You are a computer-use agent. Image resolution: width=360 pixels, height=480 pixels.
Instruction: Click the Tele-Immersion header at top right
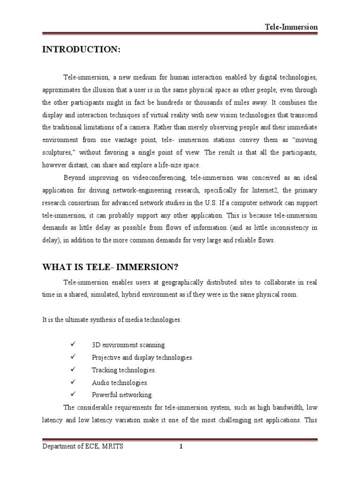tap(291, 27)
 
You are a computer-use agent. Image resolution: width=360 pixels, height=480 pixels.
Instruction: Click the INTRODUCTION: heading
tap(82, 50)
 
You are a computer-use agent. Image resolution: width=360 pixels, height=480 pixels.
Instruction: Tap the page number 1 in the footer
tap(180, 446)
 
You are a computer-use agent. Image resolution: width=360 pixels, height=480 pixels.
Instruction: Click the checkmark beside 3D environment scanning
tap(73, 345)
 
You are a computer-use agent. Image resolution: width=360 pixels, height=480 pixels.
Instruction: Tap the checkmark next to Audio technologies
tap(73, 382)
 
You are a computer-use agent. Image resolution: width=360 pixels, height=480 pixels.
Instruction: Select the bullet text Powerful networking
tap(122, 395)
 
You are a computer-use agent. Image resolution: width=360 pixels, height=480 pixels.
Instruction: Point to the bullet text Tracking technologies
tap(124, 370)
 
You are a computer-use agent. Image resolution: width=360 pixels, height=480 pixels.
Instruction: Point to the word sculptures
tap(58, 152)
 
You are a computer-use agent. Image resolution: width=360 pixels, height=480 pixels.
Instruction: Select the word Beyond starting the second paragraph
tap(74, 178)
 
